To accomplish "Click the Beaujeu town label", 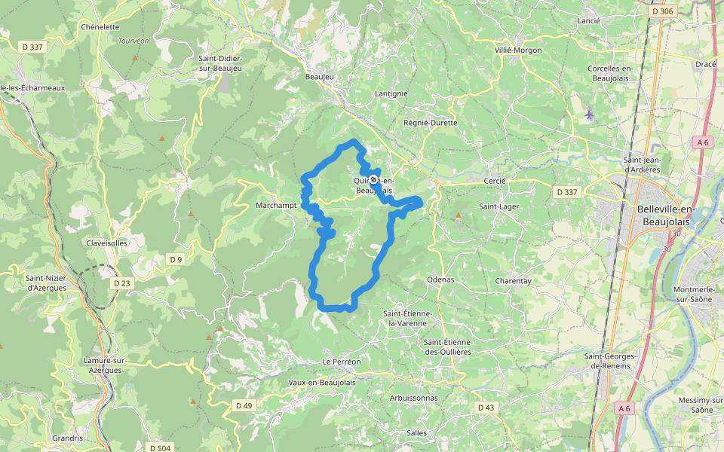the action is click(318, 77).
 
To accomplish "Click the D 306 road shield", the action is click(662, 11).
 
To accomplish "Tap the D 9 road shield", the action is click(176, 260).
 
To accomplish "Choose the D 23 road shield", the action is click(121, 283).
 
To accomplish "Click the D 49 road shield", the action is click(244, 405).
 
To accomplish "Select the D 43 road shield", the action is click(486, 408).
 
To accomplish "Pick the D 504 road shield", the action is click(160, 448).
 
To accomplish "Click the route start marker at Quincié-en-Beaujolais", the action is click(373, 179).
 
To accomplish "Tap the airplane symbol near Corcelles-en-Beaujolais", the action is click(588, 114).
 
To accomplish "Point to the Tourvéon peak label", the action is click(134, 41).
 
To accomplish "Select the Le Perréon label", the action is click(342, 362).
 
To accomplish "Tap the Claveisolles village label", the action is click(107, 243).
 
